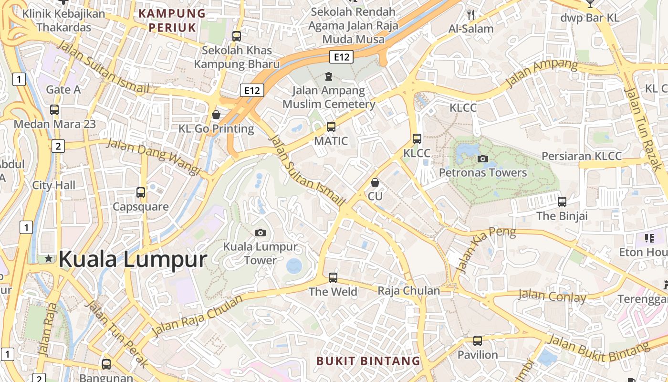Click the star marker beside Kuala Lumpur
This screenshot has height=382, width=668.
(x=48, y=258)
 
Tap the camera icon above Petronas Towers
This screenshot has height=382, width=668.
(x=483, y=159)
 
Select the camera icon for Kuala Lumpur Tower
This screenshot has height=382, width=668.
(x=261, y=233)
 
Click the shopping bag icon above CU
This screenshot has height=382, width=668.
(x=375, y=182)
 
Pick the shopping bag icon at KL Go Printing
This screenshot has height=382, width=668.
(x=216, y=115)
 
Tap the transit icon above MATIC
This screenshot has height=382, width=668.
(x=331, y=127)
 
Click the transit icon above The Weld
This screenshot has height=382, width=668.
(x=333, y=277)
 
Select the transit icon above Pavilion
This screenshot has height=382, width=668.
(x=478, y=341)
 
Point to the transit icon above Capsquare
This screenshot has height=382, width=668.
(x=141, y=192)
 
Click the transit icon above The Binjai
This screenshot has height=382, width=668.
(x=562, y=202)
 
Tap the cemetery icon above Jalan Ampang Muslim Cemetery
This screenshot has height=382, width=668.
(x=328, y=76)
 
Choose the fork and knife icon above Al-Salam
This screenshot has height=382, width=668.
(x=471, y=15)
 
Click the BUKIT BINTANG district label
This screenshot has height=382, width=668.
(x=368, y=361)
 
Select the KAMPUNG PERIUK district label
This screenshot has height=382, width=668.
(x=172, y=20)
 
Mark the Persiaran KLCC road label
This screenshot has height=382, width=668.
(x=582, y=156)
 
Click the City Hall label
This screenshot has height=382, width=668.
(x=54, y=185)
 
